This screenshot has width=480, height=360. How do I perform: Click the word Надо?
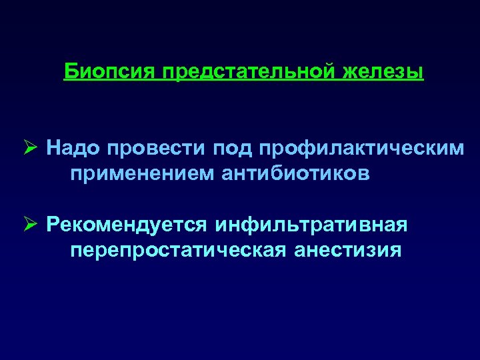[70, 148]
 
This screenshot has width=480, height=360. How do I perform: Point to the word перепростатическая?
[173, 250]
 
